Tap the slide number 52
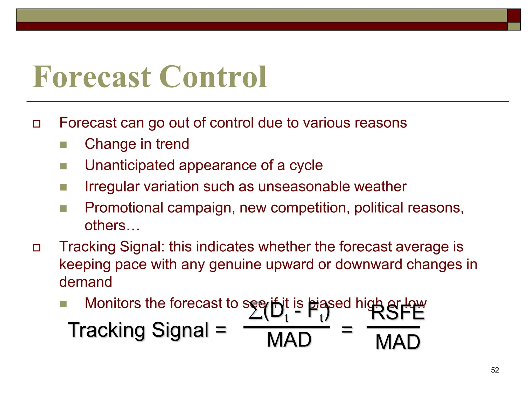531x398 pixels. [495, 370]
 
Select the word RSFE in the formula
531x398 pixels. [398, 313]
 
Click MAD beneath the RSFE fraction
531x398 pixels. [398, 342]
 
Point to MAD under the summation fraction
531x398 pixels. [289, 339]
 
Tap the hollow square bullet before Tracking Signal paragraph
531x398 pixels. [37, 248]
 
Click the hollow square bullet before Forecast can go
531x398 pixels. [37, 124]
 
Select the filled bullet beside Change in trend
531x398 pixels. [63, 145]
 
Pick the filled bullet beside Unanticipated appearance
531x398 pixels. [63, 166]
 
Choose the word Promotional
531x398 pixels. [124, 208]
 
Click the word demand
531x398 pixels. [86, 282]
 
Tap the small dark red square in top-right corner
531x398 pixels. [514, 16]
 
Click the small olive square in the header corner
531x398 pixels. [514, 26]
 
